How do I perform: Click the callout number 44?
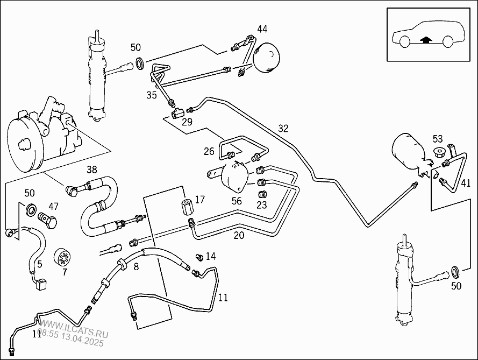tap(262, 29)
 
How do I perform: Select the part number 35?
tap(152, 95)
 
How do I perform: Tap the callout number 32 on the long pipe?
tap(283, 129)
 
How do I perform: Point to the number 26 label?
tap(209, 152)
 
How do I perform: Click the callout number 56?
tap(237, 201)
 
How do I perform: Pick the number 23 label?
tap(262, 204)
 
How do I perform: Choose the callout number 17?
tap(200, 200)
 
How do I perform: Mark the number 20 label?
tap(239, 235)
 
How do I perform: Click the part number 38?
tap(92, 170)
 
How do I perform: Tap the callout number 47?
tap(53, 206)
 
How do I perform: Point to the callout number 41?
tap(465, 183)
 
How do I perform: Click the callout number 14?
tap(210, 256)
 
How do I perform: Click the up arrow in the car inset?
tap(426, 39)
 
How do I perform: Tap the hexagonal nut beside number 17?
tap(187, 206)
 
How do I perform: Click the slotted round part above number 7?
tap(65, 257)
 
